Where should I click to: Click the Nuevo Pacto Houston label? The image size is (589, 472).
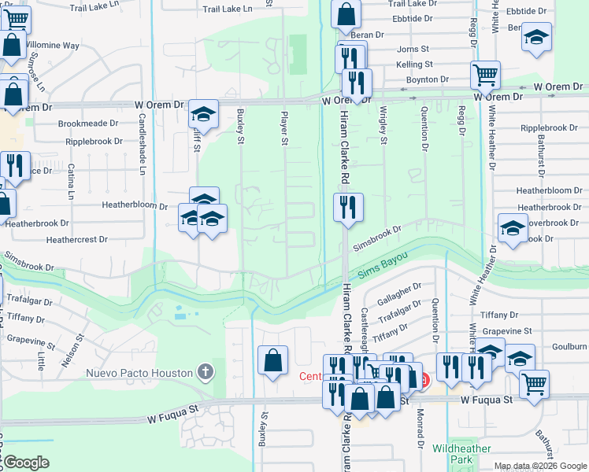[139, 372]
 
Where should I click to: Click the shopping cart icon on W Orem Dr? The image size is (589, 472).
[485, 75]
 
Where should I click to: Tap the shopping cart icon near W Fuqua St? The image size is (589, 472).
[534, 383]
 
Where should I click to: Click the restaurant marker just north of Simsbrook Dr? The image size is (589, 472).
[347, 208]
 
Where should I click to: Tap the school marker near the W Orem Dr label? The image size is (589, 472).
[203, 116]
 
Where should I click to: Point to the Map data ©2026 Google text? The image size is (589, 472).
[539, 466]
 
